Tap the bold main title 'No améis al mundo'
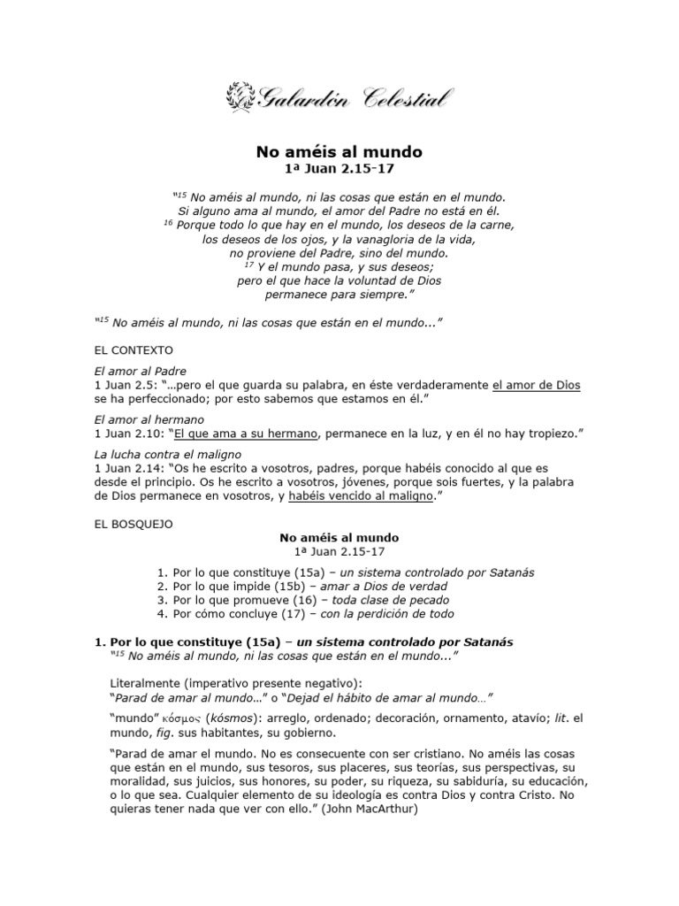[339, 151]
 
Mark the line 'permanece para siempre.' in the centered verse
[339, 295]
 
